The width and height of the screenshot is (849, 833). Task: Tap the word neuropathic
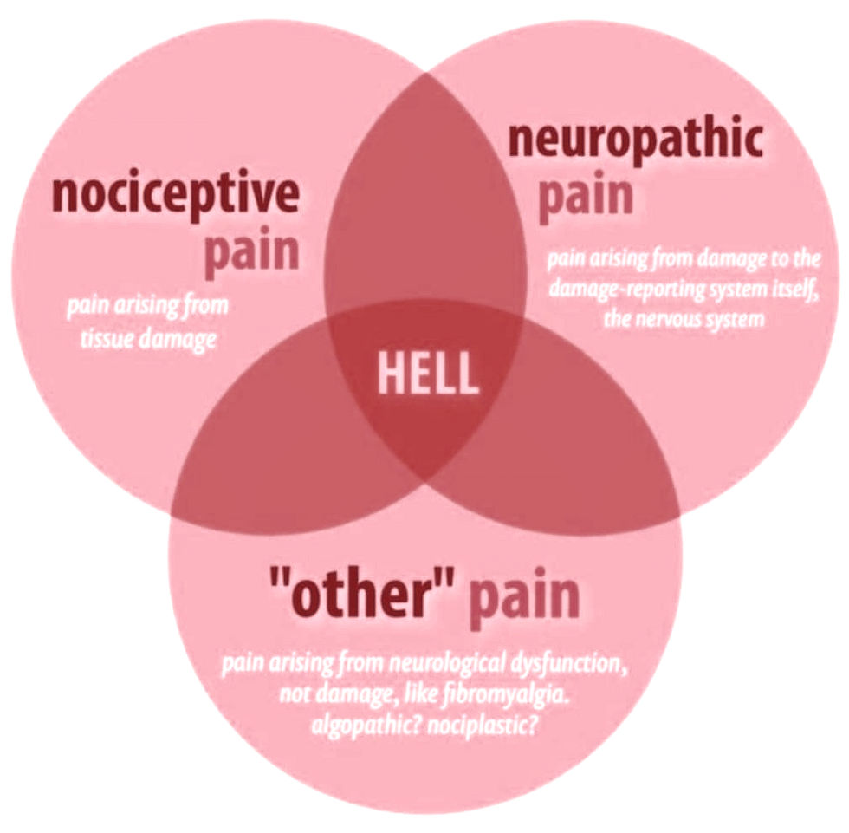tap(635, 140)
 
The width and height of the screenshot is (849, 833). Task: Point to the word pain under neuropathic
tap(586, 197)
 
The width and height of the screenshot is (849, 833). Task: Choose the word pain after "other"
tap(523, 597)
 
